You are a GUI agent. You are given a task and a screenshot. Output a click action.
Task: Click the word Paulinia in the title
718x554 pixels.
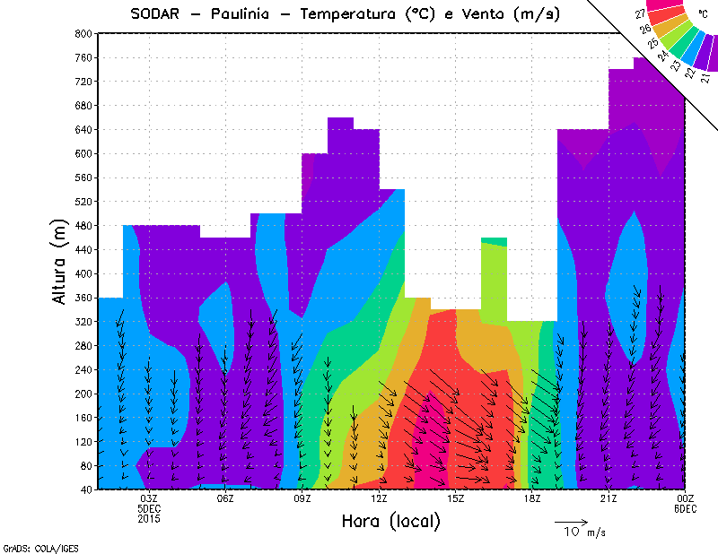[x=249, y=13]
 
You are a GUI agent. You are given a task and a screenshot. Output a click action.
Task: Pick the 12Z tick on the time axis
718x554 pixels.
[x=380, y=498]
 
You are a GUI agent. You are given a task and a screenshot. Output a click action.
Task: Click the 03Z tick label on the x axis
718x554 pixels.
[x=150, y=498]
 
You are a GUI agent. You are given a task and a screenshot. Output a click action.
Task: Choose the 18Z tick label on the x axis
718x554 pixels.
[x=532, y=498]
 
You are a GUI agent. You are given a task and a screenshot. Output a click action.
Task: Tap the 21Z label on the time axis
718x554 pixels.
[x=609, y=498]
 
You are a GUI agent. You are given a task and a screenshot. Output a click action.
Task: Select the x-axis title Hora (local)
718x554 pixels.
[x=390, y=521]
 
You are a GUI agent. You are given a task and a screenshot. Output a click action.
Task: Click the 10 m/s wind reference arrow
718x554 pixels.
[x=571, y=521]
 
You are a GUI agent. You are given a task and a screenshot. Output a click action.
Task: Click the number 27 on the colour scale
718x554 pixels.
[x=639, y=13]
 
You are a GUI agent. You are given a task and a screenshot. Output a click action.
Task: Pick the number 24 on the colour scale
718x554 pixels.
[x=663, y=56]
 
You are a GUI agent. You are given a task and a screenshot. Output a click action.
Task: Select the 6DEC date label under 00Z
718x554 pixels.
[x=686, y=508]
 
